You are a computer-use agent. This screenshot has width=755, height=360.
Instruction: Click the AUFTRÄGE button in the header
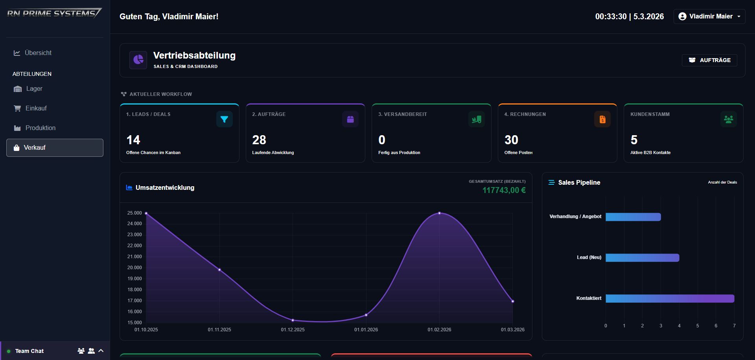[709, 60]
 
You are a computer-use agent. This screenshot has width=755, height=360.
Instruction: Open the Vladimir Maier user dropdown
[709, 17]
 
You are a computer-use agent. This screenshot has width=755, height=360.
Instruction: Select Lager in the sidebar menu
[34, 89]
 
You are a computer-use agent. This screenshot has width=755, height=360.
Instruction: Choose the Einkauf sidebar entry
[36, 108]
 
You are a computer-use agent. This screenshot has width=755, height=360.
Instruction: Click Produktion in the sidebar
[40, 128]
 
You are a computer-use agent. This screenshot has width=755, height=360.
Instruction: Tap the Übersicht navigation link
[38, 53]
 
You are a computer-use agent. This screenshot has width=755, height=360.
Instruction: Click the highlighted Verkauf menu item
[55, 148]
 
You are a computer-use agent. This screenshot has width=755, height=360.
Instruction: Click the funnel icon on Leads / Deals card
[224, 119]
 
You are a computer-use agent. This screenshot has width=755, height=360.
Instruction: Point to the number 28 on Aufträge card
[259, 140]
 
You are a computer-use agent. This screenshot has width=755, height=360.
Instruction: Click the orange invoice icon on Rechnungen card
[602, 119]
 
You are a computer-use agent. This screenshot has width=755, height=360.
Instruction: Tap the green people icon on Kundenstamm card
[728, 119]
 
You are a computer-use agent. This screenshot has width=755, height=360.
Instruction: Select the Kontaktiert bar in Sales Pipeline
[669, 299]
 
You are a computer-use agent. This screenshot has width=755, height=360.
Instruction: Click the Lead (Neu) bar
[642, 258]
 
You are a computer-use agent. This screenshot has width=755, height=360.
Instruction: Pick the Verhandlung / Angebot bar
[633, 217]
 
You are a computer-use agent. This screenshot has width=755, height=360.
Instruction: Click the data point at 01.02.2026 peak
[439, 213]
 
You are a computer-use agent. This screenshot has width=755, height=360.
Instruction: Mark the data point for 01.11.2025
[219, 270]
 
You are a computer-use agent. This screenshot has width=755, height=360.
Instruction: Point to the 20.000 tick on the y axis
[134, 268]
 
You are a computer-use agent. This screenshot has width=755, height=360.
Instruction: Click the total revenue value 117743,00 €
[504, 190]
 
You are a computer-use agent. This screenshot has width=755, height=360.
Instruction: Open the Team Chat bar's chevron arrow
[101, 351]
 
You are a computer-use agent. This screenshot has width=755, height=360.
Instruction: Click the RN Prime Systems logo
[54, 13]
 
